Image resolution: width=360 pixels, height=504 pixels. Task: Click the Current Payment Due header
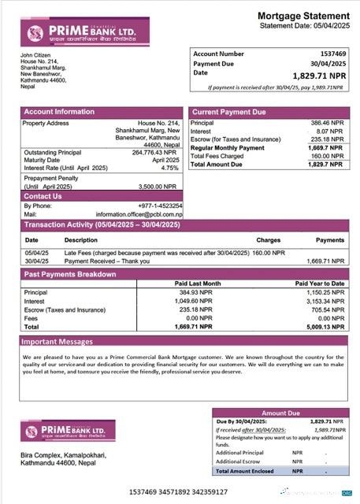228,112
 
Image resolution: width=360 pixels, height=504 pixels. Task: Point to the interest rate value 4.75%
170,168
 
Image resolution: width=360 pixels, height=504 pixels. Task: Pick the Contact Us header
43,196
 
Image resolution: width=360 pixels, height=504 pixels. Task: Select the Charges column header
268,239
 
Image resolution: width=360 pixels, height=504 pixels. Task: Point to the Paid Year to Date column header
320,283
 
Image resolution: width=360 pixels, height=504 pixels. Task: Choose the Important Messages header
57,342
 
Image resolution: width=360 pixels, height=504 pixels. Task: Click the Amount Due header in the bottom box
280,413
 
